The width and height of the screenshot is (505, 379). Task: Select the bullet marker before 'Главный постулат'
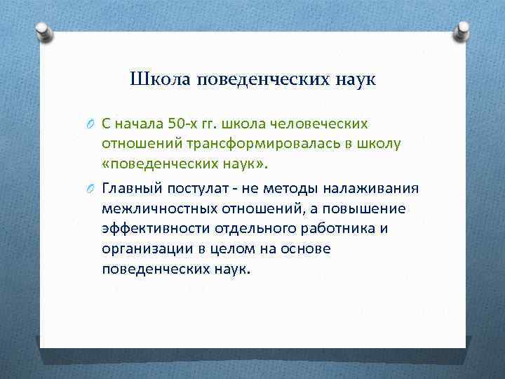91,189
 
